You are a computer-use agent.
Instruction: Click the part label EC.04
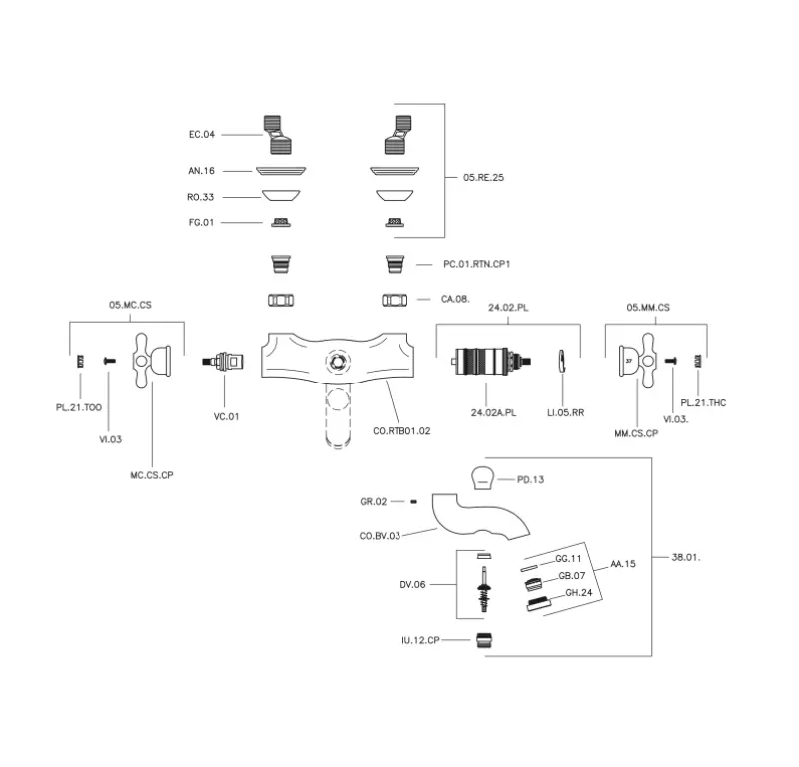pyautogui.click(x=202, y=134)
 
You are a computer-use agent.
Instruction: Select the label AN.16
pyautogui.click(x=202, y=171)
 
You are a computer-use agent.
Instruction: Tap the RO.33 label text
pyautogui.click(x=202, y=196)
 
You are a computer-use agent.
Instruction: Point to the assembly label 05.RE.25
pyautogui.click(x=484, y=178)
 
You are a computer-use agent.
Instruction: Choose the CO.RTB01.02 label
pyautogui.click(x=401, y=430)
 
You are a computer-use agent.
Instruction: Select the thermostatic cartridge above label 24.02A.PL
pyautogui.click(x=490, y=361)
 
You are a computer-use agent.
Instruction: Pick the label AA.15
pyautogui.click(x=623, y=565)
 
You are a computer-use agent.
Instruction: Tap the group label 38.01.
pyautogui.click(x=687, y=557)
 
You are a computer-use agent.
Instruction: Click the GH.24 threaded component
pyautogui.click(x=539, y=601)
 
